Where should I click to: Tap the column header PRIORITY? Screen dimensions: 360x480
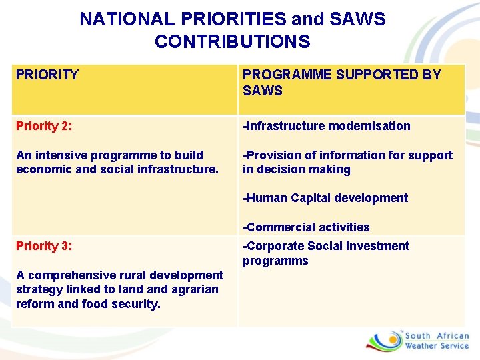(x=47, y=75)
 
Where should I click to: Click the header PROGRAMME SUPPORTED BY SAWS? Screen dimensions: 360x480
(x=341, y=82)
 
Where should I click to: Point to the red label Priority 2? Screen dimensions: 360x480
(x=45, y=126)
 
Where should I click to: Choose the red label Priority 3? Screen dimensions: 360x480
(x=45, y=246)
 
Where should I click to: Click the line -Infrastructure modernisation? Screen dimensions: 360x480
(x=326, y=126)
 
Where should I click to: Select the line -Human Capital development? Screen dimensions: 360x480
(x=325, y=198)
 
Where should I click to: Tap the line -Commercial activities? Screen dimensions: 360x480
(x=306, y=227)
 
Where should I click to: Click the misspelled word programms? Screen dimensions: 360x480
(x=275, y=261)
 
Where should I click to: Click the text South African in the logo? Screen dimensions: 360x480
(x=437, y=336)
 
